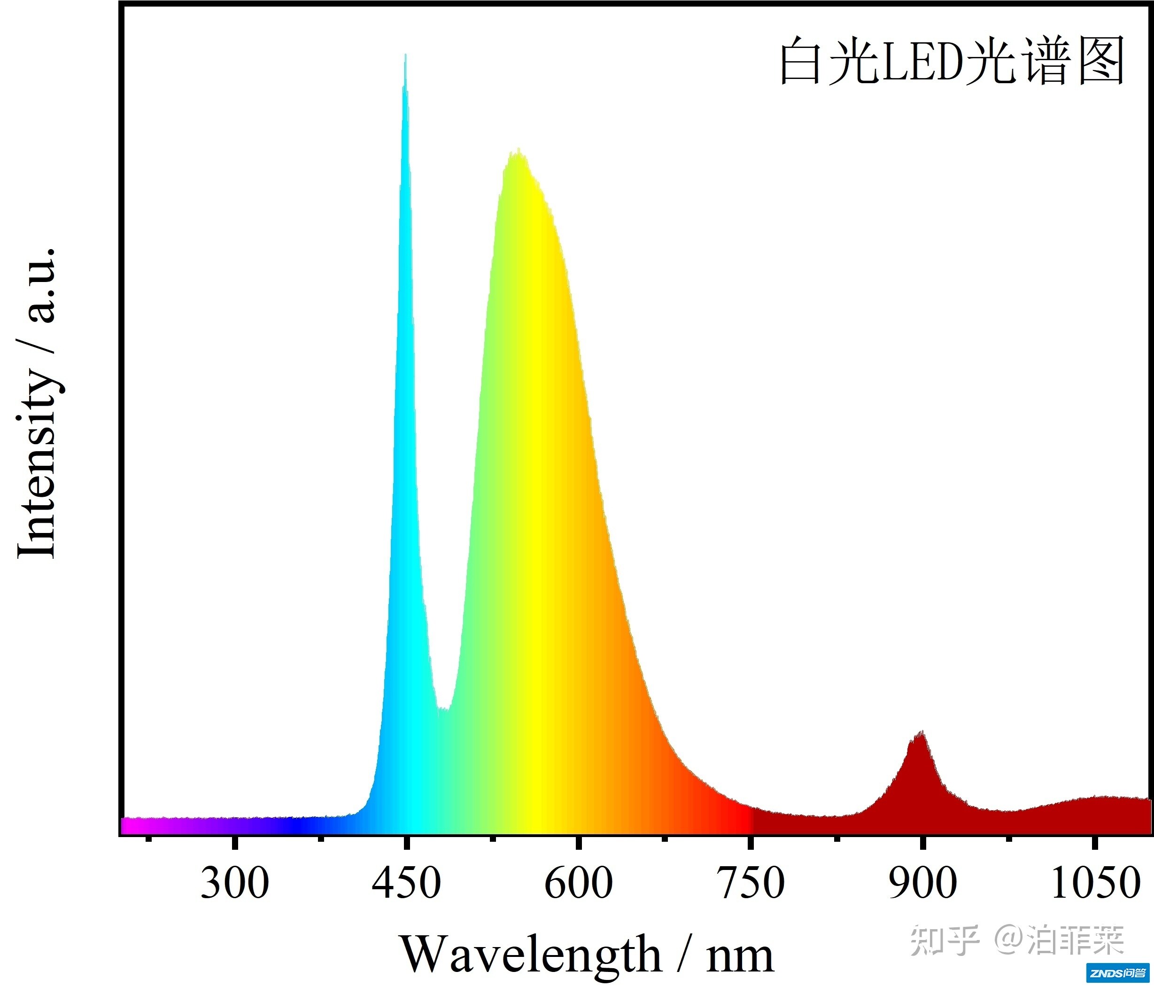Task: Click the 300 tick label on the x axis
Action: pyautogui.click(x=234, y=883)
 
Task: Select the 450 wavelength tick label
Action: pyautogui.click(x=407, y=883)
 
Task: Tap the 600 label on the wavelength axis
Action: pyautogui.click(x=579, y=883)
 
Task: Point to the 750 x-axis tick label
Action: pyautogui.click(x=752, y=883)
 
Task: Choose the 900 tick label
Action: pyautogui.click(x=923, y=883)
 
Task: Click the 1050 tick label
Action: pyautogui.click(x=1095, y=883)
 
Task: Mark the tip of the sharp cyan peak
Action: pyautogui.click(x=405, y=56)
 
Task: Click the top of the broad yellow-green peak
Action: pyautogui.click(x=519, y=150)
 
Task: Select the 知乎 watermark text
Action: pyautogui.click(x=945, y=941)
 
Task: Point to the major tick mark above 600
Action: pyautogui.click(x=579, y=842)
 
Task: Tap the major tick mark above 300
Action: pyautogui.click(x=234, y=842)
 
